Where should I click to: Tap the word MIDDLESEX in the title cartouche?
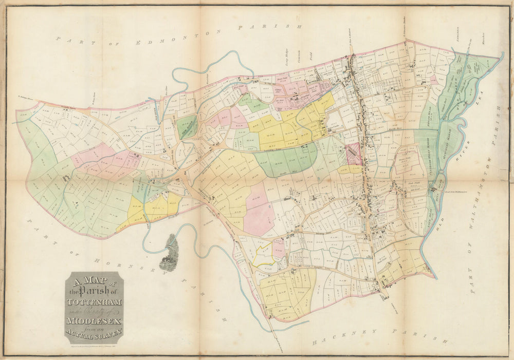pos(93,321)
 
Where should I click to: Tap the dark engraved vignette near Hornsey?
pos(169,253)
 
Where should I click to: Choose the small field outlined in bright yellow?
pos(263,255)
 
